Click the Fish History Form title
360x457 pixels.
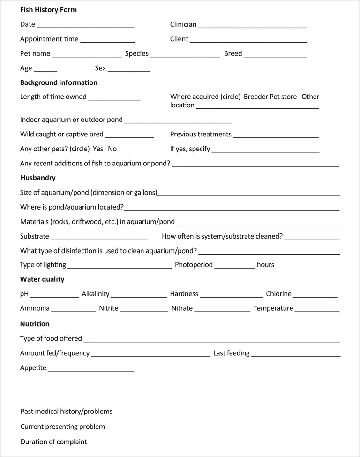click(48, 10)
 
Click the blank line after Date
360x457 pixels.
click(85, 26)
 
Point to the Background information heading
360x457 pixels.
click(59, 82)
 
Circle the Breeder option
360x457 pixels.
click(256, 97)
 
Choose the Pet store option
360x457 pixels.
click(283, 97)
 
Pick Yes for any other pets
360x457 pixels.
click(98, 149)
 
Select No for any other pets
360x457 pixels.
click(112, 149)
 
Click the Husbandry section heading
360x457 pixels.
click(38, 178)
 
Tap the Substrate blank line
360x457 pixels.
click(99, 238)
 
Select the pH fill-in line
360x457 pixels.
click(54, 295)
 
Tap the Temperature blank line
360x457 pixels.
click(317, 310)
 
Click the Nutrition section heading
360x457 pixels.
click(35, 324)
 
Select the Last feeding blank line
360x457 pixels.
click(296, 355)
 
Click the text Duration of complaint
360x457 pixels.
click(54, 442)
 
